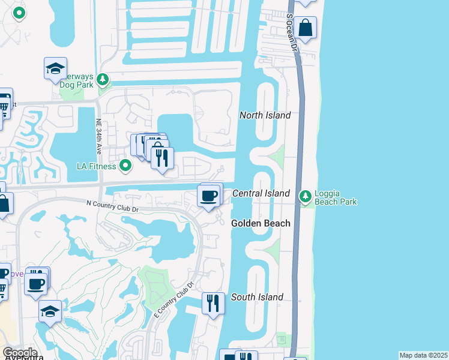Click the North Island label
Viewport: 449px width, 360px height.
265,115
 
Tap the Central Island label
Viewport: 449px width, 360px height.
261,193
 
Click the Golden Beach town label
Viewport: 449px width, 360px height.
261,223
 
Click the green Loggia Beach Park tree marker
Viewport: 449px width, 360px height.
306,196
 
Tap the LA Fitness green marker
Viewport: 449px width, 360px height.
125,165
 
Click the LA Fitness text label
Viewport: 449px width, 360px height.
97,166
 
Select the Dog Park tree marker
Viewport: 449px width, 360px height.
103,79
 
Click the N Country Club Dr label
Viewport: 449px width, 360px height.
112,205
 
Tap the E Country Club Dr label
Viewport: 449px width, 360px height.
173,300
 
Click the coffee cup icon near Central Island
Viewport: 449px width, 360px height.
208,196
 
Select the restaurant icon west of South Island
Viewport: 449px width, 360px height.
212,303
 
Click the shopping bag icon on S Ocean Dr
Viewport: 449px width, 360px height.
305,28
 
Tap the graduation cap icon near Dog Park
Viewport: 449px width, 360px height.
55,68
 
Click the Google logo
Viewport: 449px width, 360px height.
20,353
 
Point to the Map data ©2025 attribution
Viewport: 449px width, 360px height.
423,355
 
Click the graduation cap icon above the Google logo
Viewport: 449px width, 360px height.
50,311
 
